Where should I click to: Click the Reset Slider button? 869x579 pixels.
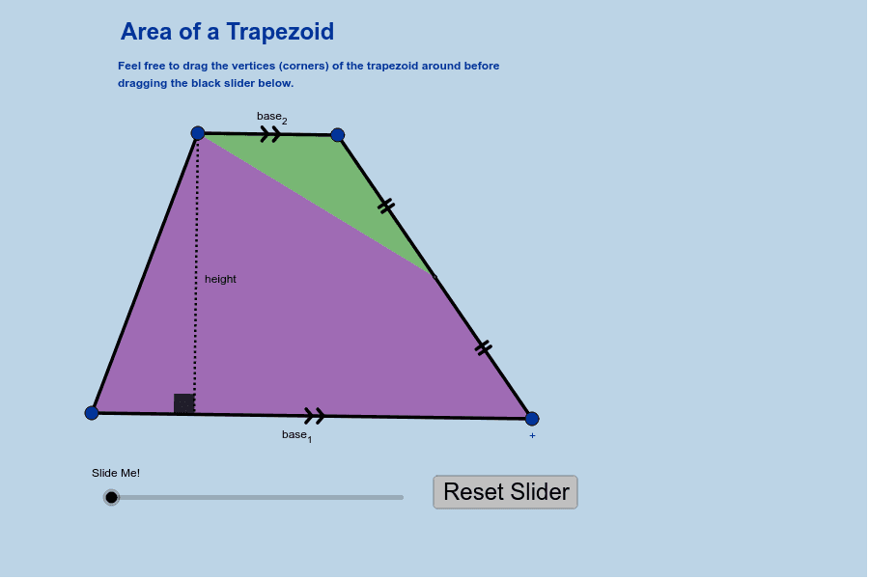(x=505, y=492)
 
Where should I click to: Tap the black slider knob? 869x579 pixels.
(x=111, y=498)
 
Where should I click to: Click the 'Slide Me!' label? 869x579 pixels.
(x=116, y=473)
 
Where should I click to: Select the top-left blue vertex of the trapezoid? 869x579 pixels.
(x=198, y=133)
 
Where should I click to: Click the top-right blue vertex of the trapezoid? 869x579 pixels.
(x=338, y=135)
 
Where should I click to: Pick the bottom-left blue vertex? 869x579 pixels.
(x=92, y=413)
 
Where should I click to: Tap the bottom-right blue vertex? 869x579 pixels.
(x=532, y=418)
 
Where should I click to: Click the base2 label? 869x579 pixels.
(x=272, y=118)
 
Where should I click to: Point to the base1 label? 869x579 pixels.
(x=297, y=436)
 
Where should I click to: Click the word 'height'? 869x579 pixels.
(x=220, y=279)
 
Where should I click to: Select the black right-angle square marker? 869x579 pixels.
(x=184, y=404)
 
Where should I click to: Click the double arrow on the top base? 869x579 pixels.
(x=270, y=134)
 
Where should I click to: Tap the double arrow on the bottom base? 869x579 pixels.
(x=315, y=416)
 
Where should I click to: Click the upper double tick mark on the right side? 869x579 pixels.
(x=386, y=206)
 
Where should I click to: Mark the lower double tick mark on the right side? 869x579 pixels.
(x=484, y=348)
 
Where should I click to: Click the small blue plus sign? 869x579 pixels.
(x=532, y=435)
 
